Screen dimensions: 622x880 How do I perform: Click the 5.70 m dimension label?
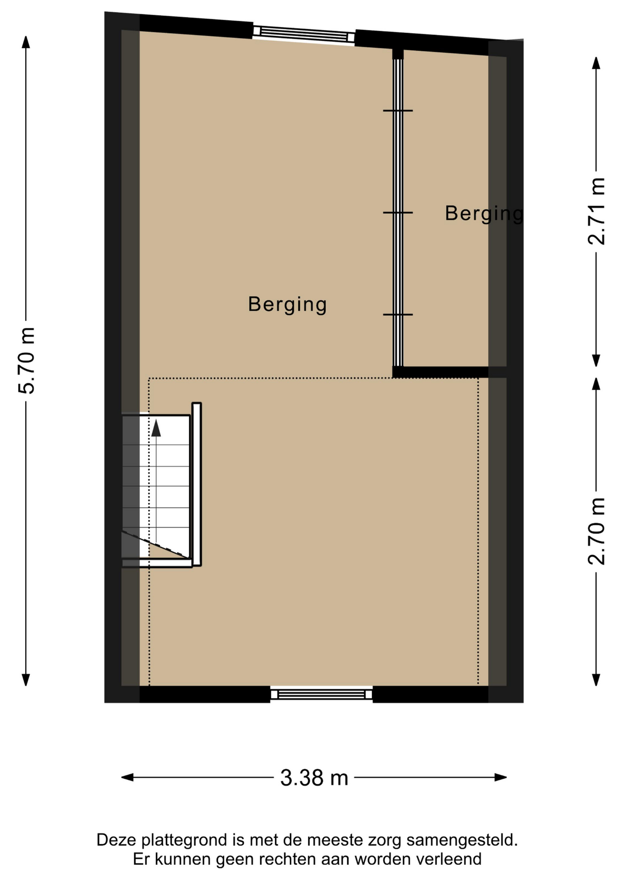[x=27, y=360]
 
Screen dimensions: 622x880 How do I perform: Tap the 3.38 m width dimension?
[x=314, y=778]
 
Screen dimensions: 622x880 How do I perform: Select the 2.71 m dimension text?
[x=596, y=211]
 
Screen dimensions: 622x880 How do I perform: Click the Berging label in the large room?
[x=288, y=305]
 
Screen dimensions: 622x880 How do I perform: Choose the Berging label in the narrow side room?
[x=484, y=214]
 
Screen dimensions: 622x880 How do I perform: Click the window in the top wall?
[x=304, y=34]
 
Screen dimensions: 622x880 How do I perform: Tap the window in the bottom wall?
[x=322, y=694]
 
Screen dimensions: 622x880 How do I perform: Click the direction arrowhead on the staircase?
[x=156, y=428]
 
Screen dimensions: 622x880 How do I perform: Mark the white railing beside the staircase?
[x=196, y=484]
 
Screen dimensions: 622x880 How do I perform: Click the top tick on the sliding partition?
[x=398, y=110]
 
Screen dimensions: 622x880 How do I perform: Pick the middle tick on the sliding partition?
[x=398, y=213]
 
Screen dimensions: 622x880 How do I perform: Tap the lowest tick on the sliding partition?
[x=398, y=314]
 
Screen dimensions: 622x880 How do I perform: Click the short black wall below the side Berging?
[x=441, y=372]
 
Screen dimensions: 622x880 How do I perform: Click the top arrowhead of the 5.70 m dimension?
[x=26, y=42]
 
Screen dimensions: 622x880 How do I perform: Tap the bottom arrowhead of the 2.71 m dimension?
[x=596, y=361]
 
